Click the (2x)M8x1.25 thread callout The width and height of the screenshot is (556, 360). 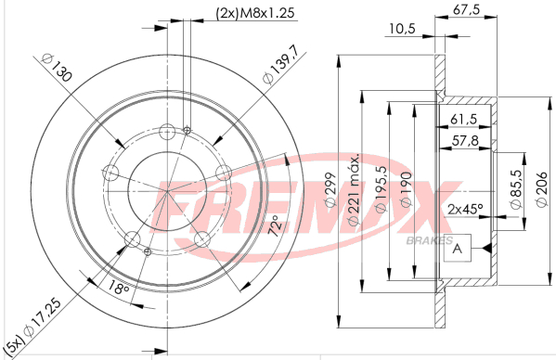tap(255, 13)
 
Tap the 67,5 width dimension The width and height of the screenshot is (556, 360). tap(466, 9)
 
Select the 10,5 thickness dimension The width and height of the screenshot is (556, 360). tap(402, 29)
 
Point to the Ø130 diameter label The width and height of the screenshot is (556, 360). tap(57, 68)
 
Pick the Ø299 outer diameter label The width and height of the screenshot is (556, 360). tap(330, 189)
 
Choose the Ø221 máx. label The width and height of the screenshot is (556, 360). tap(354, 189)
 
